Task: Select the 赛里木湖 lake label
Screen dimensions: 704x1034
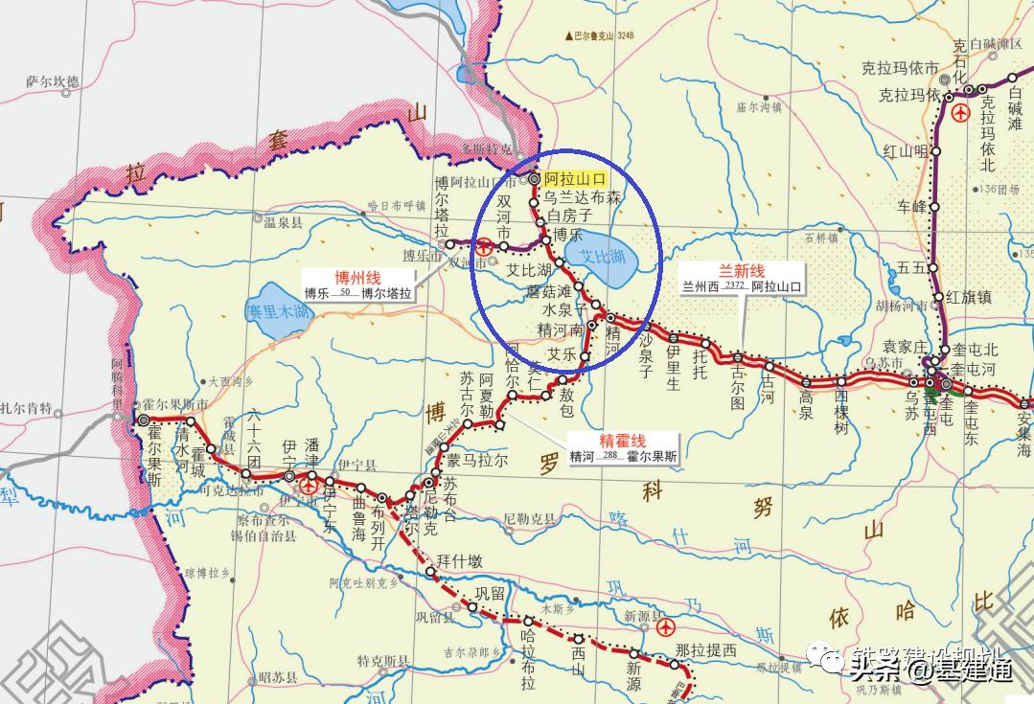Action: coord(277,311)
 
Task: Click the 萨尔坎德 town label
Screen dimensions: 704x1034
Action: coord(55,82)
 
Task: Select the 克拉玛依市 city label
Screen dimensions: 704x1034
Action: coord(899,68)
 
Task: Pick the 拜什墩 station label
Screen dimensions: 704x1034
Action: coord(457,561)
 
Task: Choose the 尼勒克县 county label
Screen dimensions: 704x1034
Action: coord(529,518)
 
